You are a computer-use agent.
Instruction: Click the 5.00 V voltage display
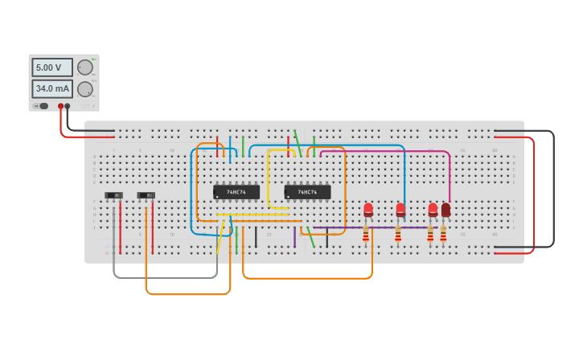point(51,67)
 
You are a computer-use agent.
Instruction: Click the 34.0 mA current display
point(51,88)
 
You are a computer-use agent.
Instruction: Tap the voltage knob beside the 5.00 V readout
point(84,67)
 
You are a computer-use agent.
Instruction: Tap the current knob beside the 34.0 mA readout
point(84,88)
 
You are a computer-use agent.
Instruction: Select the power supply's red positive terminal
point(60,106)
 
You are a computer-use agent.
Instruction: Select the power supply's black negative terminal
point(68,106)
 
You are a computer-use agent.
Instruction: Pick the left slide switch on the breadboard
point(113,195)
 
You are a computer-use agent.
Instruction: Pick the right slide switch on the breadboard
point(146,195)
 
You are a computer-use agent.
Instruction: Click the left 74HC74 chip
point(236,192)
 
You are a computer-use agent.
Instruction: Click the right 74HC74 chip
point(307,192)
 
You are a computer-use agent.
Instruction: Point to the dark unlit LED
point(445,210)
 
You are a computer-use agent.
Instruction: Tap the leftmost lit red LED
point(368,210)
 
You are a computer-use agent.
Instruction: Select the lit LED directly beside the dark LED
point(433,210)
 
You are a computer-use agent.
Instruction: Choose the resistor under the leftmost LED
point(366,234)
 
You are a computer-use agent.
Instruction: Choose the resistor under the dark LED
point(443,234)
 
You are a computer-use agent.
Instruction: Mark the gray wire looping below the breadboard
point(165,278)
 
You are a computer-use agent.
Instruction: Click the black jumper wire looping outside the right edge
point(553,189)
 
